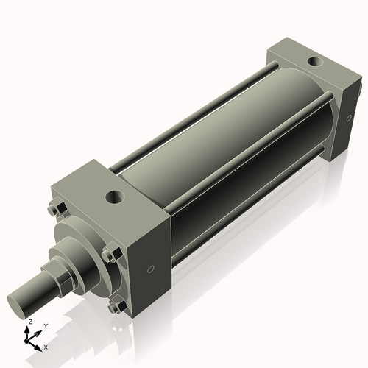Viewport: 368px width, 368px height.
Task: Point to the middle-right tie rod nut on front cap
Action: tap(110, 255)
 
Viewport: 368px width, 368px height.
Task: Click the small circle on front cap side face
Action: tap(152, 269)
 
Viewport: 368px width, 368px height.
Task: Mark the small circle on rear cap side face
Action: tap(348, 116)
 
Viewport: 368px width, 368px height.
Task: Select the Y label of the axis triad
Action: tap(46, 325)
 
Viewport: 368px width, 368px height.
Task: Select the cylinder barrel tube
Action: tap(221, 147)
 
